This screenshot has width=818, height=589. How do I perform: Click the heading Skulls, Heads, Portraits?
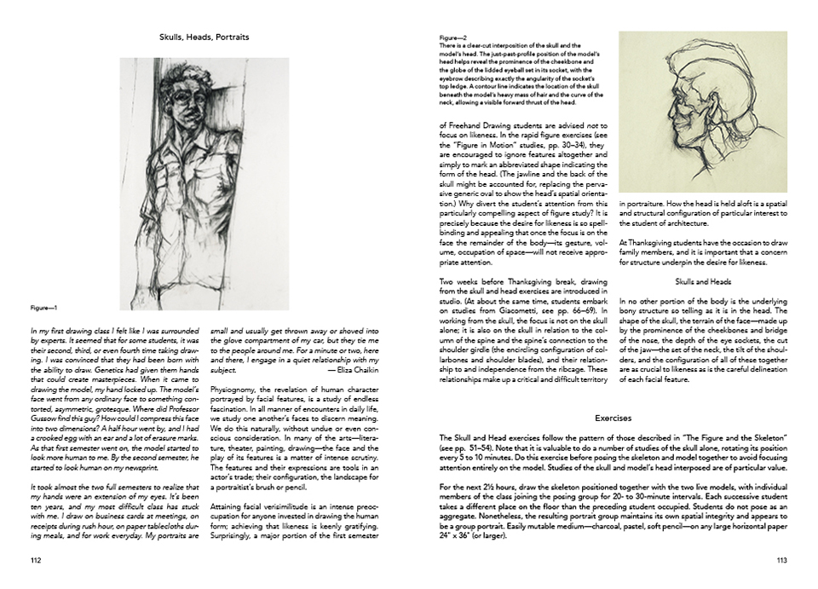(x=204, y=38)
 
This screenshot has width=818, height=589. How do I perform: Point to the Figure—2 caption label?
(x=452, y=38)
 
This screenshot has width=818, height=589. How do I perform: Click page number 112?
(x=35, y=560)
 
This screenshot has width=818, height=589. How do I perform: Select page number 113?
(x=781, y=560)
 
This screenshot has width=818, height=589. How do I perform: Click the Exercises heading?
(x=613, y=419)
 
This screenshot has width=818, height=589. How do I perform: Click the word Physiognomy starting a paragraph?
(x=233, y=386)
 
